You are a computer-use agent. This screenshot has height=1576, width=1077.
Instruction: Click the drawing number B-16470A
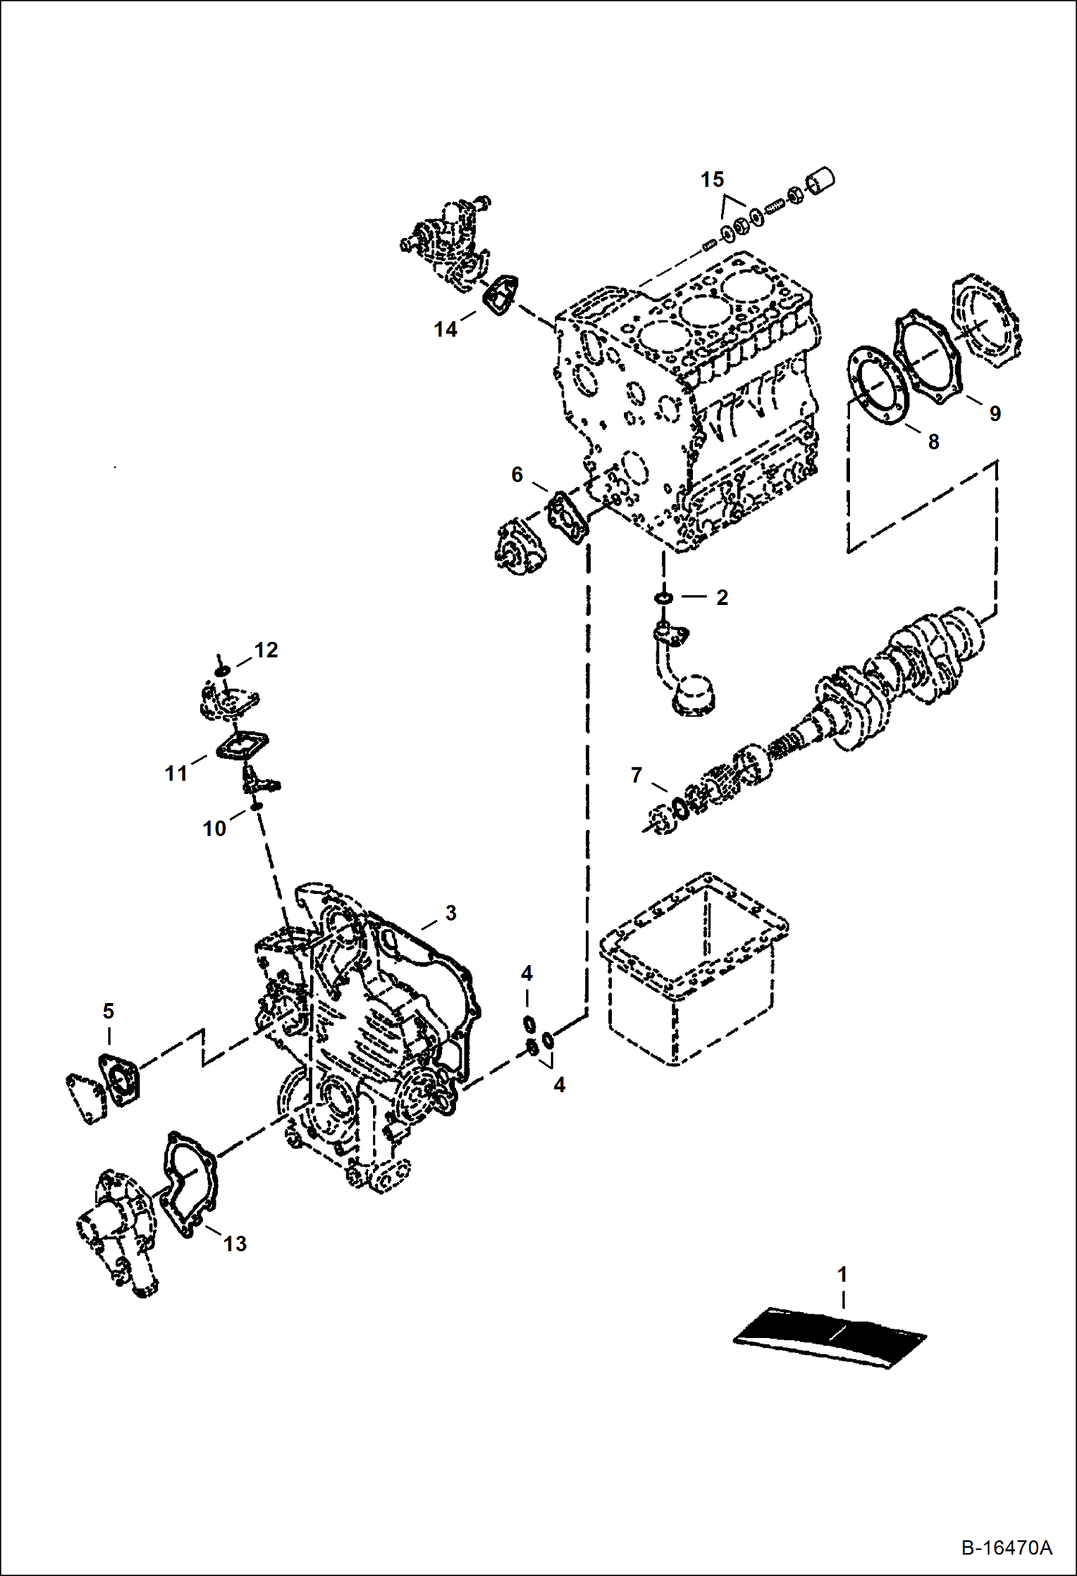tap(1006, 1547)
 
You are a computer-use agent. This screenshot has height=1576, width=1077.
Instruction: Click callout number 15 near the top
tap(712, 180)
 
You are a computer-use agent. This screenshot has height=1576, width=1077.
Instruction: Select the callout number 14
tap(445, 329)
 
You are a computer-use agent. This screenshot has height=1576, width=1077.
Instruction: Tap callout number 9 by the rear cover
tap(994, 413)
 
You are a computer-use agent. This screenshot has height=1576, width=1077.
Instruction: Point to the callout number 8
tap(933, 442)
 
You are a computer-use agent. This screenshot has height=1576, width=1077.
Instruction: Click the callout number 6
tap(517, 474)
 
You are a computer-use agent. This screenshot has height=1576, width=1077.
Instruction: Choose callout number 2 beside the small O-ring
tap(722, 597)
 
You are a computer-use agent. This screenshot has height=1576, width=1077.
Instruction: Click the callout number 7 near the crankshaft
tap(636, 775)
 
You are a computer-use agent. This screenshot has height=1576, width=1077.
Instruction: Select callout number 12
tap(266, 650)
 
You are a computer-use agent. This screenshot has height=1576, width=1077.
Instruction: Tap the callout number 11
tap(176, 773)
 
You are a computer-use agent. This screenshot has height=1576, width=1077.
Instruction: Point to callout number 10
tap(214, 829)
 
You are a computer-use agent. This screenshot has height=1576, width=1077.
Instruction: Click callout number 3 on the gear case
tap(451, 913)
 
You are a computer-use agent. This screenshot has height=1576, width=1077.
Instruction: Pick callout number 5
tap(108, 1011)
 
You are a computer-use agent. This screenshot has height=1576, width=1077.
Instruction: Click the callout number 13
tap(235, 1244)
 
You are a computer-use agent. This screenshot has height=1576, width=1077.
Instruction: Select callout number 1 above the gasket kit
tap(843, 1275)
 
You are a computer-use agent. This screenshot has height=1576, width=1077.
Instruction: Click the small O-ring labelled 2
tap(664, 598)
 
